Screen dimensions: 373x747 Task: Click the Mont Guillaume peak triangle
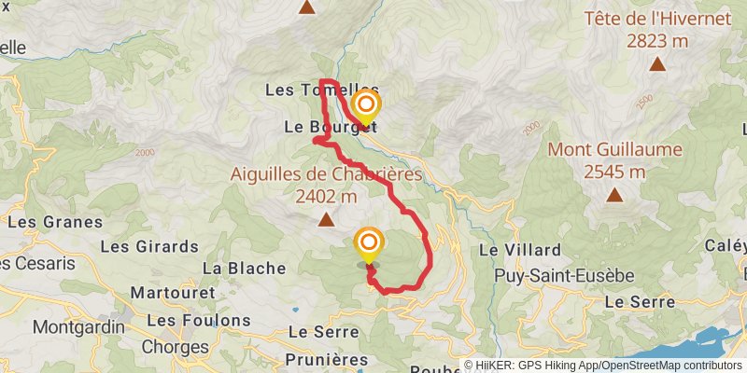click(614, 195)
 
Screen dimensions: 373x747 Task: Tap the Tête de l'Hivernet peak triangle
click(658, 64)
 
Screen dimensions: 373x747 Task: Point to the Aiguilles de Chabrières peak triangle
click(326, 220)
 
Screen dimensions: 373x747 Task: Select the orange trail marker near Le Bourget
click(366, 104)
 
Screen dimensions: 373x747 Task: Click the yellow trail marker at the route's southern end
click(368, 244)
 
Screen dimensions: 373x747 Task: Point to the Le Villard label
click(520, 250)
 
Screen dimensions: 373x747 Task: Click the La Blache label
click(244, 269)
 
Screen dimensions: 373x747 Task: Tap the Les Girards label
click(148, 247)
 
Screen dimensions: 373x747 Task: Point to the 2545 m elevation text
click(614, 172)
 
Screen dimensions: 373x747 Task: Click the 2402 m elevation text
click(326, 197)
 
